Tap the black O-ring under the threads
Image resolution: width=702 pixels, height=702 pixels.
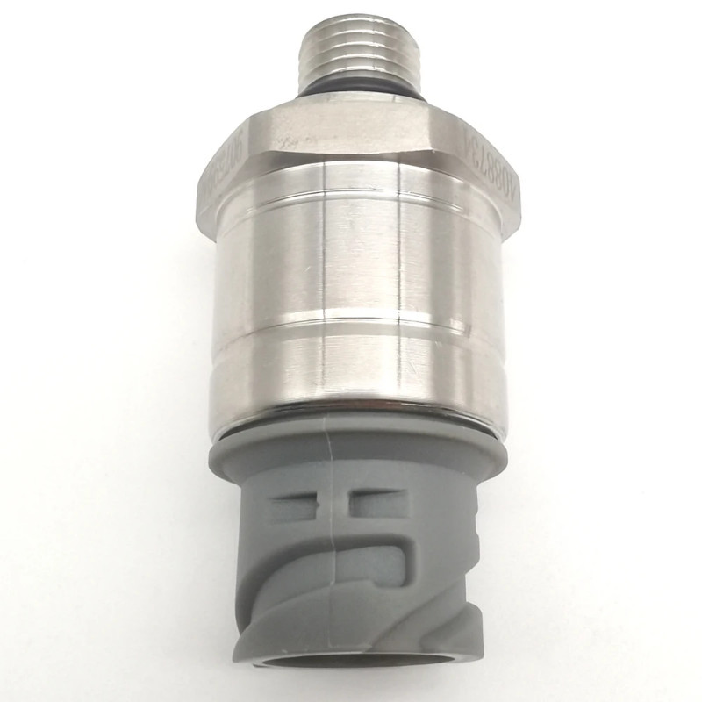361,93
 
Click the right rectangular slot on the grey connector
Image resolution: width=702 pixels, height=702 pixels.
377,503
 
